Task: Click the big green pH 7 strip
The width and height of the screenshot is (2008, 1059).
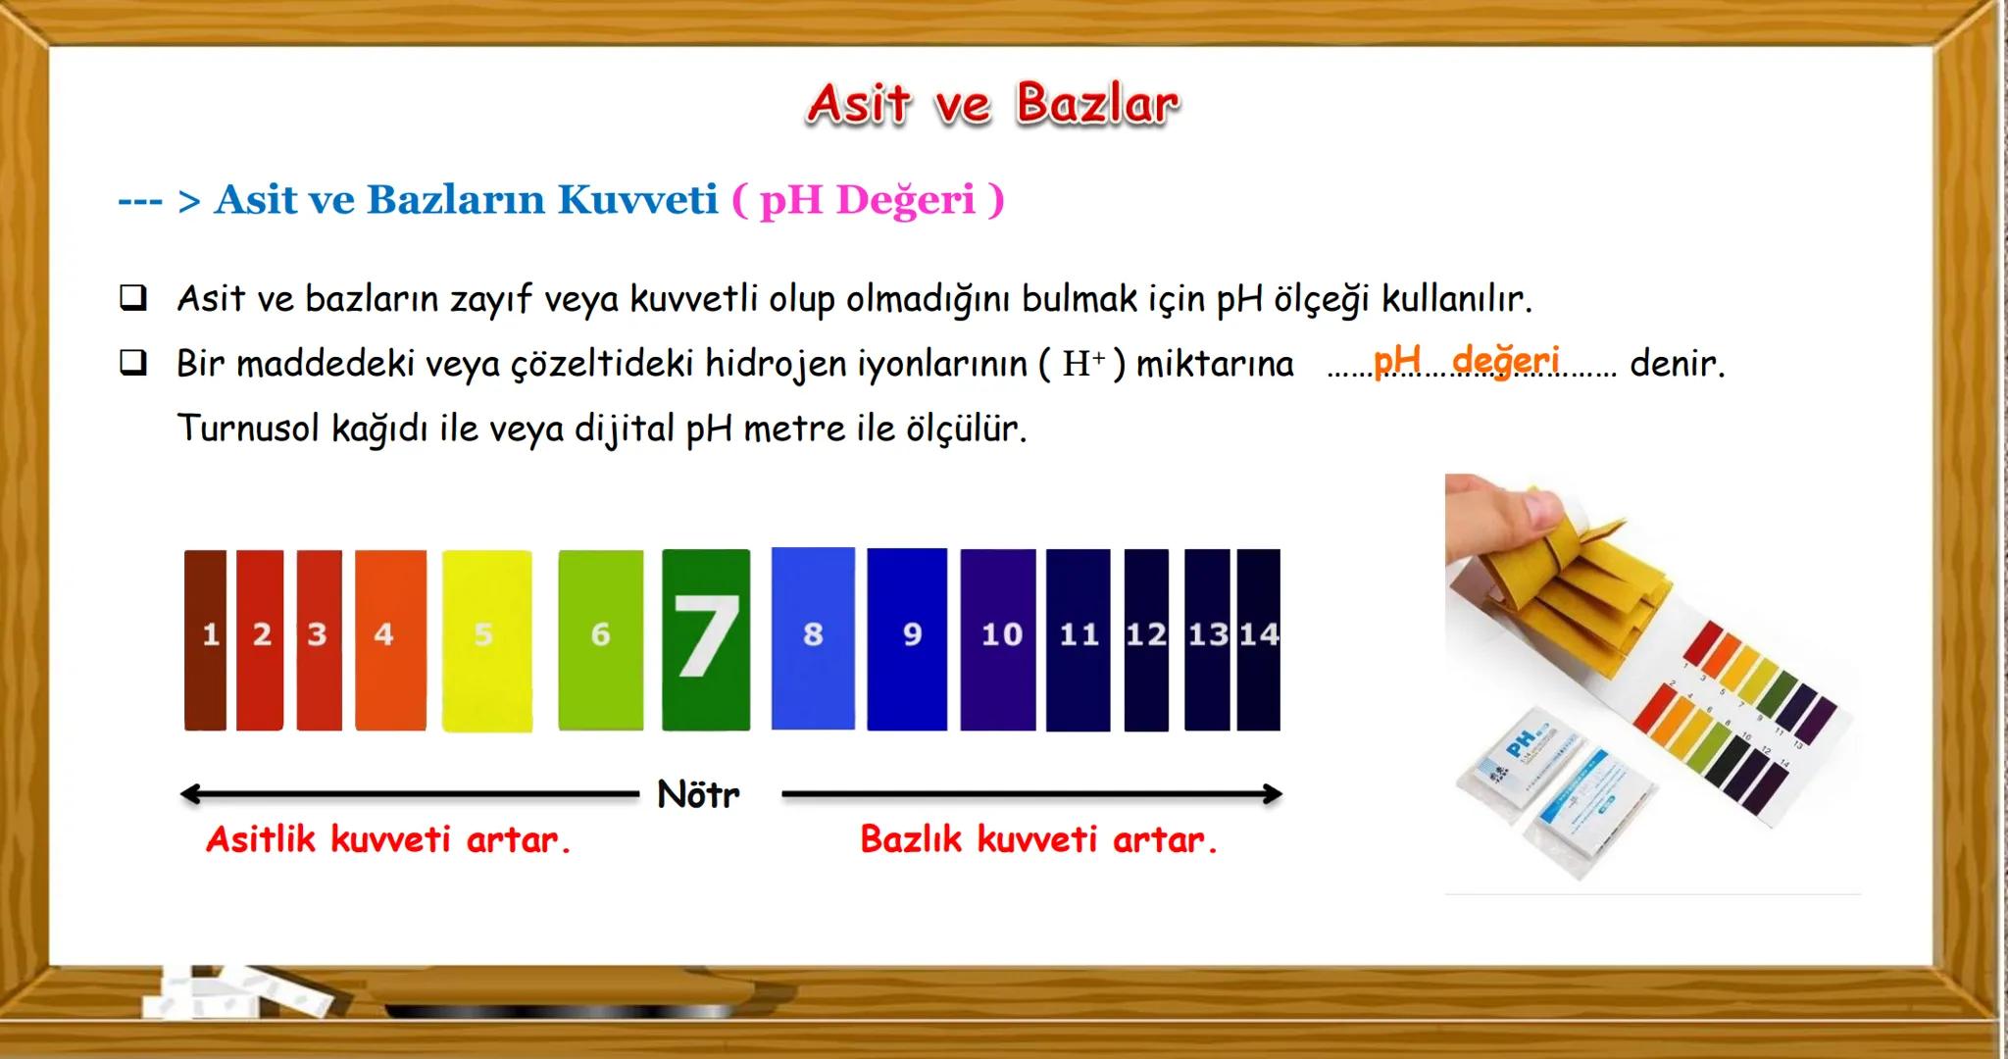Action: tap(706, 639)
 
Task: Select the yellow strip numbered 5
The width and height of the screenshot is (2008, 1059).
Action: tap(486, 640)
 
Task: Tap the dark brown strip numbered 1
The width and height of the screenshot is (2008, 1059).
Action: tap(205, 639)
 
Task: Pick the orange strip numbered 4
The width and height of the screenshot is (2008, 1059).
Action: tap(390, 639)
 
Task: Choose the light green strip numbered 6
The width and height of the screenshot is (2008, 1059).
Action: tap(600, 639)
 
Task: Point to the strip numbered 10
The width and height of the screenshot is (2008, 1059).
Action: tap(998, 639)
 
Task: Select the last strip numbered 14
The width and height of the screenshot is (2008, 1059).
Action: tap(1259, 639)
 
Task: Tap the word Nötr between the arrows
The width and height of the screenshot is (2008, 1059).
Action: tap(698, 794)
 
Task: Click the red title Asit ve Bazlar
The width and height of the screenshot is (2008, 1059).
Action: tap(992, 104)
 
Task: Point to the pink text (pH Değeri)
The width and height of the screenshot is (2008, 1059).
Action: tap(868, 200)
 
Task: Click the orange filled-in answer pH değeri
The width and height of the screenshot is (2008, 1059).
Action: tap(1466, 361)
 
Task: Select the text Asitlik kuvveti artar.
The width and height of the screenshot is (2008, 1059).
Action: tap(388, 840)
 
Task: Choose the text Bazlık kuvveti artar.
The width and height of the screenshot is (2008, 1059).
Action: tap(1038, 840)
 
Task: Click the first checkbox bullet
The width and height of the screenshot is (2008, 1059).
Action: tap(133, 297)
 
